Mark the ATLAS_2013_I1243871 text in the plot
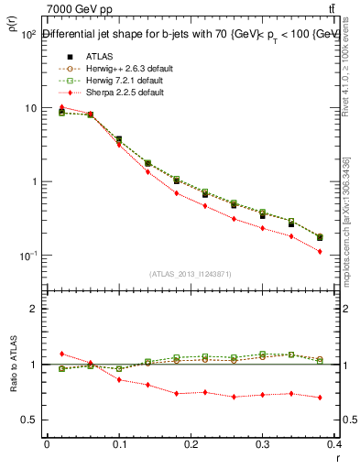[x=190, y=274]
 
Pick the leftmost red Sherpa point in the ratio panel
[x=61, y=354]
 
